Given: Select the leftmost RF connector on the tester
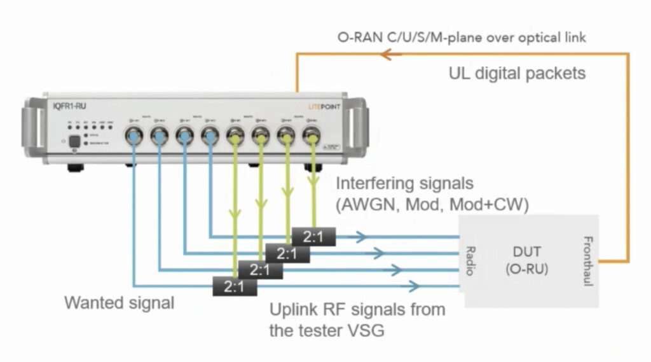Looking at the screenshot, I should tap(135, 136).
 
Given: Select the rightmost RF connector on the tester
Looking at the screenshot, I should tap(312, 136).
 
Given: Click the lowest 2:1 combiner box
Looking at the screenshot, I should tap(233, 286).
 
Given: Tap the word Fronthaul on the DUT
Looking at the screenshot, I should tap(587, 261).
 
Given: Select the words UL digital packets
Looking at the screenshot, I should tap(517, 73).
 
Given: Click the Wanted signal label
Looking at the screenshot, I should tap(119, 303).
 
